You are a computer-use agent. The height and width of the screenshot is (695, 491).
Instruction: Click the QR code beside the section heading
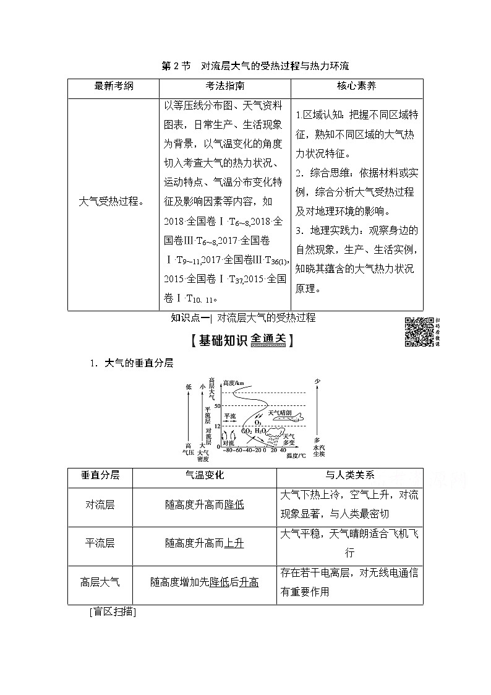click(x=419, y=332)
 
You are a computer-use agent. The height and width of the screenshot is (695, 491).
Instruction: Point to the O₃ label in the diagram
click(x=258, y=422)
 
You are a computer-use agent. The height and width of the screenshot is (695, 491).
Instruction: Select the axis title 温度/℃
click(x=296, y=457)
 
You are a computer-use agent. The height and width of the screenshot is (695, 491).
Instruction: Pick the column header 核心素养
click(x=356, y=86)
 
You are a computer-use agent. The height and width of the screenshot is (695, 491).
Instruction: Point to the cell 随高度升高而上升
click(x=204, y=543)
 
